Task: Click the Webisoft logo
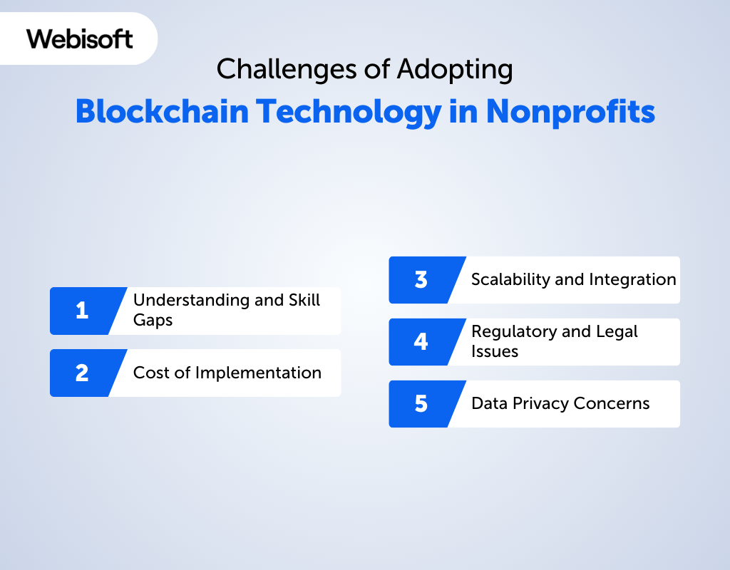80,38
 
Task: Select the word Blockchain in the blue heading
162,112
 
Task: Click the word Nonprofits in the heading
570,113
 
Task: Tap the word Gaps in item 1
153,321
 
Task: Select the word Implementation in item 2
258,373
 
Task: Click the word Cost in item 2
151,373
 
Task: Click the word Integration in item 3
633,280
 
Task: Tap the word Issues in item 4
495,351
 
